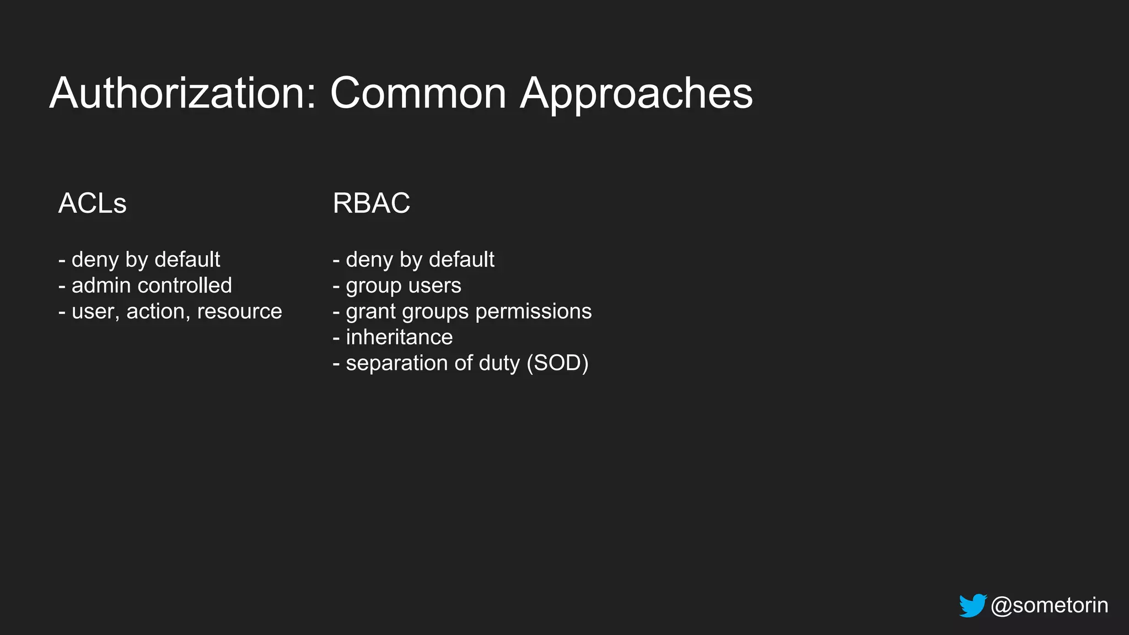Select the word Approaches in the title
636,94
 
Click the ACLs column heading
92,203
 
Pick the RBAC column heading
371,203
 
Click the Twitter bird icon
972,605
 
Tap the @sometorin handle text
1049,605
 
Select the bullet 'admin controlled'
151,286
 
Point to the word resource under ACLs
239,311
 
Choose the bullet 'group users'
403,286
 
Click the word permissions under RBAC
533,311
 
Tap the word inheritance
399,337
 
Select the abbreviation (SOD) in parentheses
557,363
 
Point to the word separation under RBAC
397,363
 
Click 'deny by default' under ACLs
146,260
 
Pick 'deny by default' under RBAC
420,260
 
